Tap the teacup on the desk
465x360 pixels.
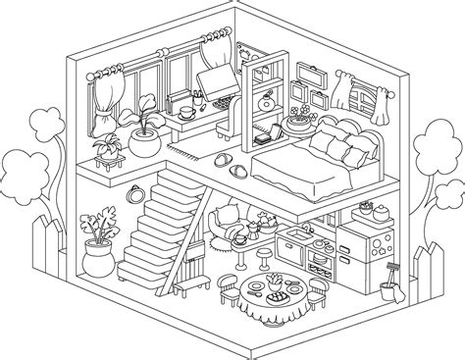(183, 112)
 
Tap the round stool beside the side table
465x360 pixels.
(265, 257)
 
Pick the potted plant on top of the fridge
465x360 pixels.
(366, 207)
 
